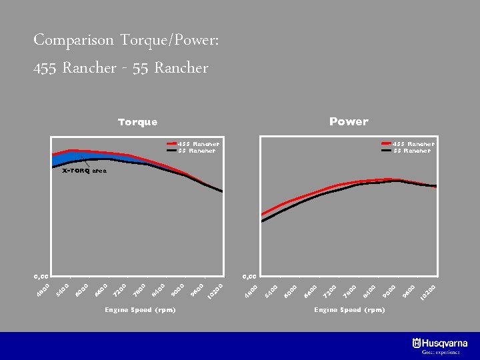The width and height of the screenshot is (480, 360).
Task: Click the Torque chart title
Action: (x=137, y=122)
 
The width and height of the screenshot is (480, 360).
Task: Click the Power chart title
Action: (x=348, y=121)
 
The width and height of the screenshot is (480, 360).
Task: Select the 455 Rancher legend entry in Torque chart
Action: (x=198, y=143)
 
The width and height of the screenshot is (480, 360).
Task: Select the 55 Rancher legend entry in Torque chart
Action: (x=196, y=151)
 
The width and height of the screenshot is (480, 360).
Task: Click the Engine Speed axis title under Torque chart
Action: (x=140, y=310)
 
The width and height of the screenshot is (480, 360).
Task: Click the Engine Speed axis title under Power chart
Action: (x=349, y=310)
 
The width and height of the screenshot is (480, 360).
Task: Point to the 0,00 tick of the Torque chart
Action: (x=41, y=275)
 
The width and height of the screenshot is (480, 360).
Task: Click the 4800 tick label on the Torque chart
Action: (x=43, y=291)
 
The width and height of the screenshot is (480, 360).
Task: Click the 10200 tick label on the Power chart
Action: (x=428, y=292)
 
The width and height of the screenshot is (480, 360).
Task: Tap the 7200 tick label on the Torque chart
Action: (x=119, y=291)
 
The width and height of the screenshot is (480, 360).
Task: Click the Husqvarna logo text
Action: (x=444, y=343)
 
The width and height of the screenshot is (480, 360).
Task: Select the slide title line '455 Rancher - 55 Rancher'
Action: (x=121, y=68)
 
